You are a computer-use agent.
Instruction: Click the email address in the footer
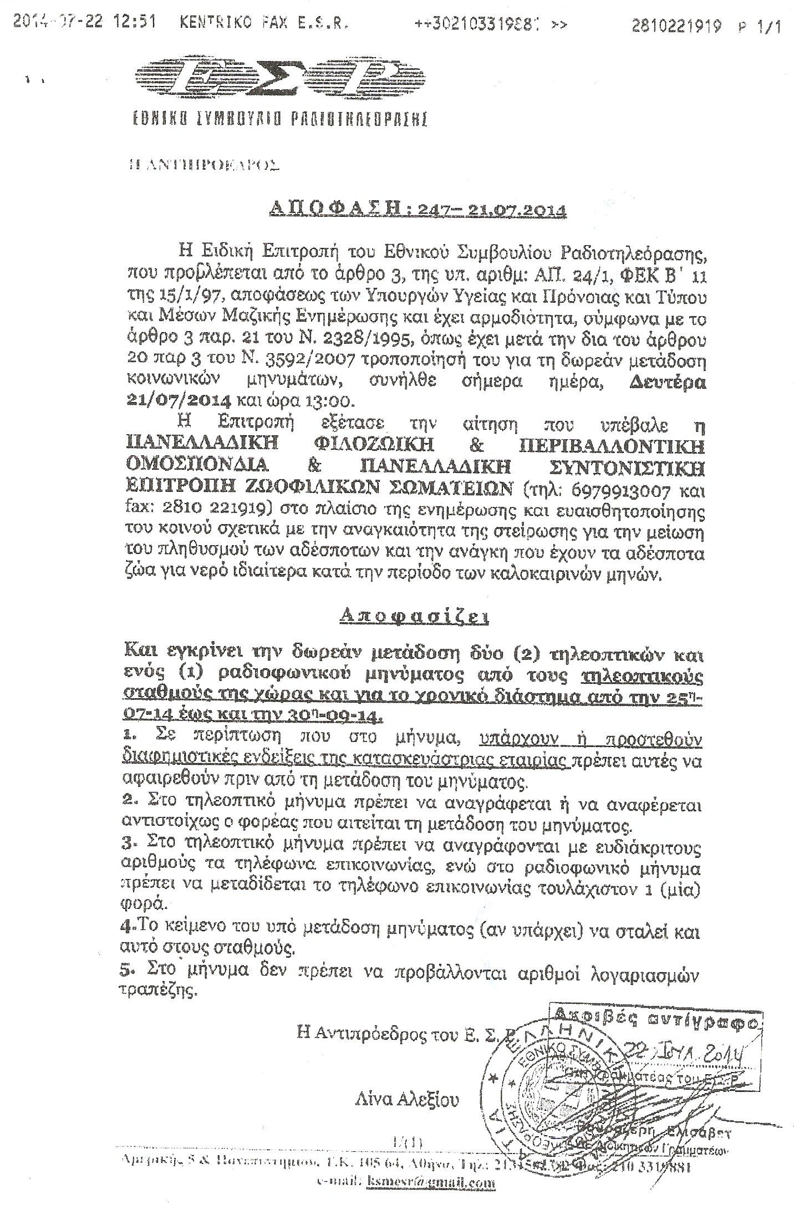431,1209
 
